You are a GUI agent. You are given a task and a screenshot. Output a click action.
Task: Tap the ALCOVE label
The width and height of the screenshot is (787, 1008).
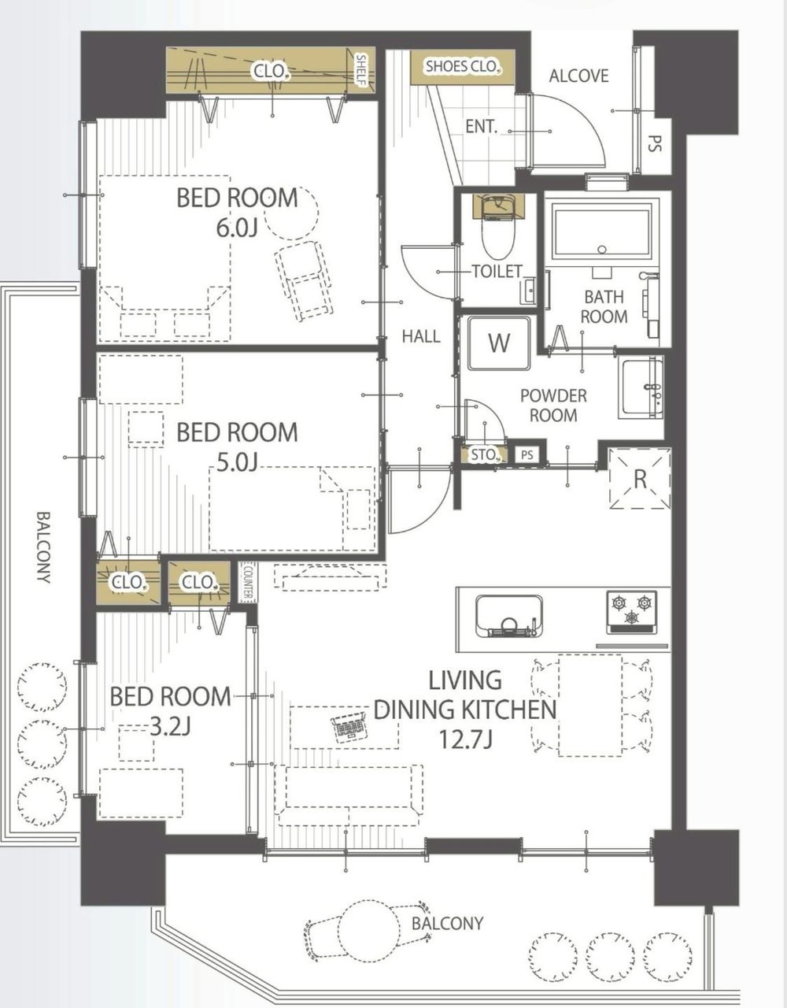578,76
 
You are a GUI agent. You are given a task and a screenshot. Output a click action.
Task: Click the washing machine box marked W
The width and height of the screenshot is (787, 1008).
499,343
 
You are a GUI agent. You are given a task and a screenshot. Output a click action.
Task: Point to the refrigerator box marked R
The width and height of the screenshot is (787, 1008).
640,478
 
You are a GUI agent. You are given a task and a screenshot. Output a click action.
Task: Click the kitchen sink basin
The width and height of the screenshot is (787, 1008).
509,617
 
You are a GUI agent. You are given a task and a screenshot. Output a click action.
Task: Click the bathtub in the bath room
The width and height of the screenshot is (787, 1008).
601,232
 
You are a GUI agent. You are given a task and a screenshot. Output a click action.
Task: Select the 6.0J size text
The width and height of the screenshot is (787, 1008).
237,228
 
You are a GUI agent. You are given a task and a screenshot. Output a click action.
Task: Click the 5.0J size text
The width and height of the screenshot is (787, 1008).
237,462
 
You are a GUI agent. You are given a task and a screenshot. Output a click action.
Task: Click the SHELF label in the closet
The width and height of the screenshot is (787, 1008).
361,70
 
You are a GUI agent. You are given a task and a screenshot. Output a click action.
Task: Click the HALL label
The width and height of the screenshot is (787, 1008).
421,335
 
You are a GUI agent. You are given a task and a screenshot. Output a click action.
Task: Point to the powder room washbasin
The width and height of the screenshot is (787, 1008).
643,387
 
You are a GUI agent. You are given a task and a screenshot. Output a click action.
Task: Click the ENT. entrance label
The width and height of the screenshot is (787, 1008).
481,127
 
